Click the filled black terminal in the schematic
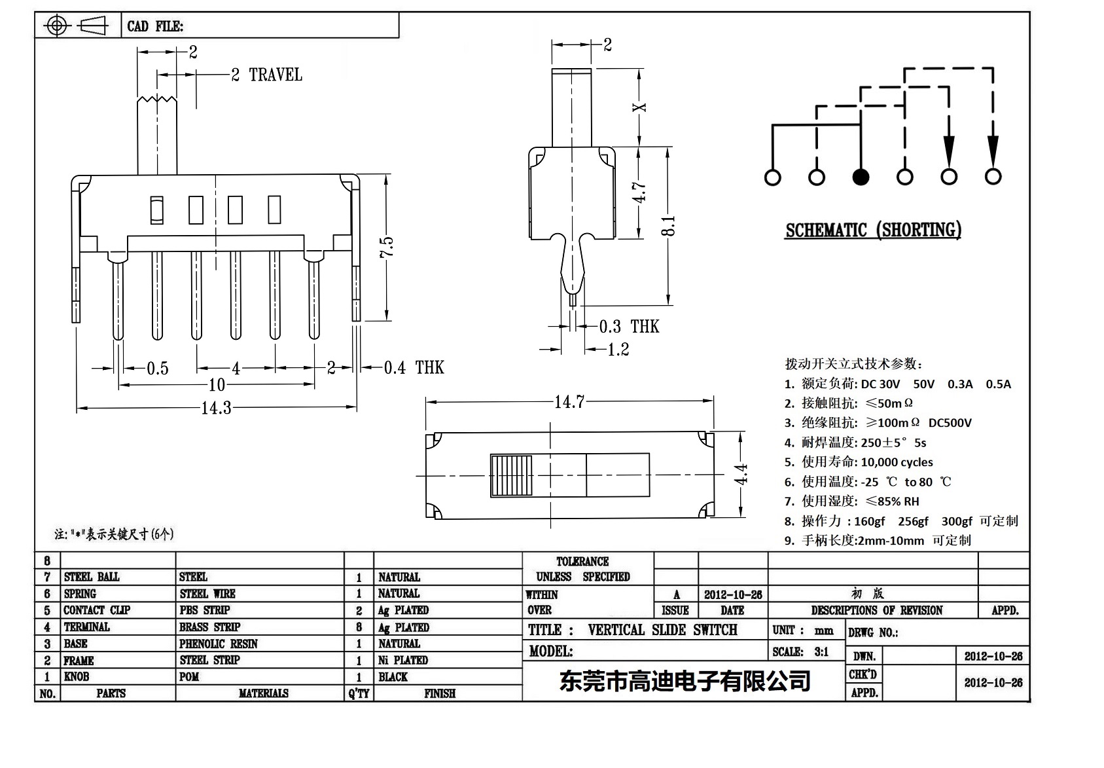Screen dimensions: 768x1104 pyautogui.click(x=861, y=177)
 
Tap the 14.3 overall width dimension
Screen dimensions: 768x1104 pyautogui.click(x=216, y=408)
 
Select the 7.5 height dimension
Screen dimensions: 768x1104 pyautogui.click(x=386, y=247)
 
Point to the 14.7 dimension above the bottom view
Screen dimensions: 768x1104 pyautogui.click(x=569, y=402)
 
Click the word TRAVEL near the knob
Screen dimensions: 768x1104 pyautogui.click(x=276, y=75)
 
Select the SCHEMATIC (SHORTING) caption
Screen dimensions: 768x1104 pyautogui.click(x=873, y=230)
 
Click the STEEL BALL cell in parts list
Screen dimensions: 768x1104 pyautogui.click(x=92, y=577)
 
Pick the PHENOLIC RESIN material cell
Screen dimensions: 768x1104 pyautogui.click(x=219, y=644)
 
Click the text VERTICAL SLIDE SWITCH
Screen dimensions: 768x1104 pyautogui.click(x=662, y=630)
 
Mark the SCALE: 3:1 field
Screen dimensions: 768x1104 pyautogui.click(x=800, y=651)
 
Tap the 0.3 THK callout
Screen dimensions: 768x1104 pyautogui.click(x=629, y=326)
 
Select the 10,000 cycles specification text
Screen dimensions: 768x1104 pyautogui.click(x=897, y=462)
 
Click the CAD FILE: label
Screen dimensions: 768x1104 pyautogui.click(x=155, y=26)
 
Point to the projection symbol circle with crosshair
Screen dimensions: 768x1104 pyautogui.click(x=57, y=26)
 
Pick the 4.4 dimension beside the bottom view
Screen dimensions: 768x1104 pyautogui.click(x=740, y=474)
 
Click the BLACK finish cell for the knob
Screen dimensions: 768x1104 pyautogui.click(x=393, y=677)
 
